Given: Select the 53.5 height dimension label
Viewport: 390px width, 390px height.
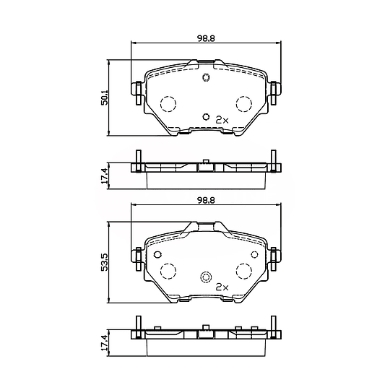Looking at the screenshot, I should point(104,261).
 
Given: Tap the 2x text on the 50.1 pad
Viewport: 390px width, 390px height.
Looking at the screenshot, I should point(222,119).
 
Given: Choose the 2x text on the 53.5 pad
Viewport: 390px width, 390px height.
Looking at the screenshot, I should point(222,286).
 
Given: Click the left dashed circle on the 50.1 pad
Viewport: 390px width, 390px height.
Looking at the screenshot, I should point(168,104).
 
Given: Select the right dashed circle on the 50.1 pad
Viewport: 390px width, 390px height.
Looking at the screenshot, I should point(243,104).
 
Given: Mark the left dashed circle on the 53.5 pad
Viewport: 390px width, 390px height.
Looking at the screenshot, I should point(168,271).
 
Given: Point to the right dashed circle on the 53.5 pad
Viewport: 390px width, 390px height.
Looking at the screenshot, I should point(243,271).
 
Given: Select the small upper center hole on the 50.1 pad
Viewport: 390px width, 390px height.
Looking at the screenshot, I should point(205,78).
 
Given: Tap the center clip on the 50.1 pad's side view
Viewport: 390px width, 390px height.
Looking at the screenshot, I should point(205,167).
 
